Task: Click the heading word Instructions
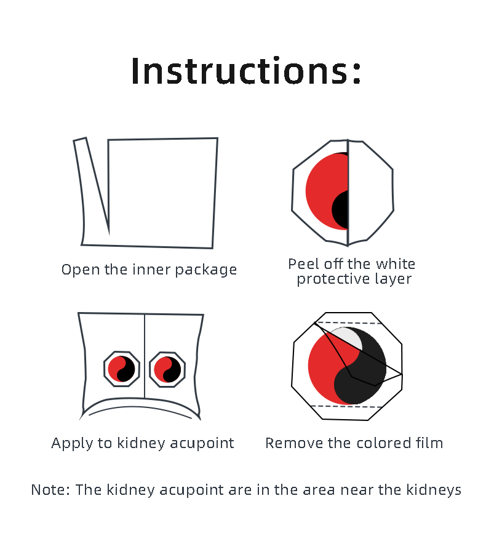[241, 71]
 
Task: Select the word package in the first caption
[206, 270]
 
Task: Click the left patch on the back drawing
[122, 369]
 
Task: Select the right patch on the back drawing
[167, 369]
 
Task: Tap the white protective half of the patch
[371, 191]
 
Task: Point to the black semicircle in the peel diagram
[340, 210]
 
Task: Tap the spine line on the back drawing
[145, 356]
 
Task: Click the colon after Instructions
[357, 74]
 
